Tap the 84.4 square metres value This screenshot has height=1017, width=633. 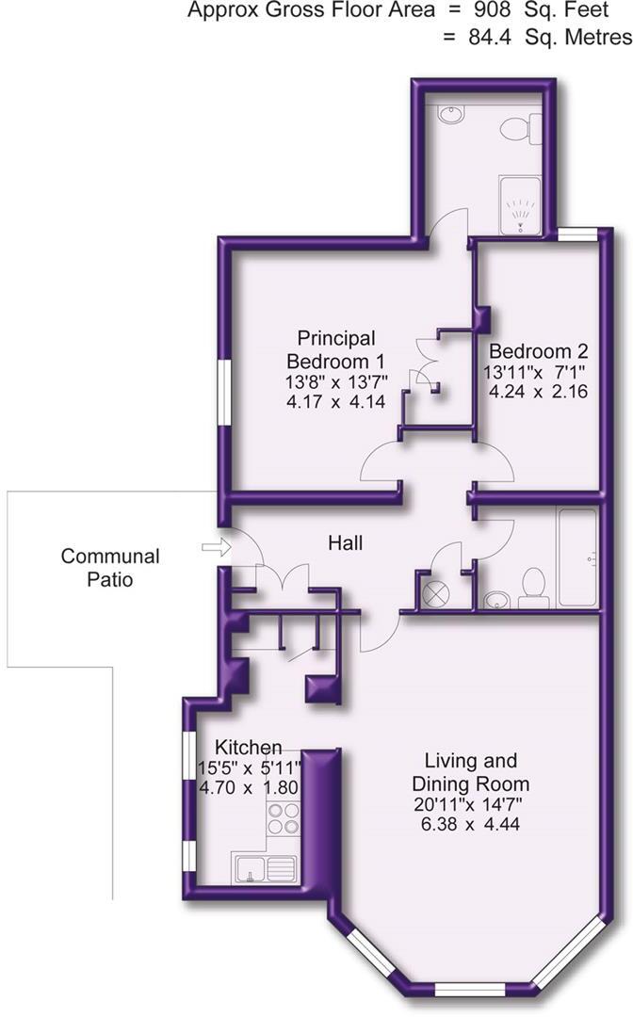489,38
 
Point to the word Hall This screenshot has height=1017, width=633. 345,543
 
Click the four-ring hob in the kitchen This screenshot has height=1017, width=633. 282,819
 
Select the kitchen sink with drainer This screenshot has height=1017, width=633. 265,867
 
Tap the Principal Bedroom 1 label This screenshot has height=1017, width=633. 335,349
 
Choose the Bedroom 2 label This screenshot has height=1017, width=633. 538,351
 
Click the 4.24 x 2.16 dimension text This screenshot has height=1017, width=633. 538,392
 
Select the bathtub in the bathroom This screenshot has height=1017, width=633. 576,558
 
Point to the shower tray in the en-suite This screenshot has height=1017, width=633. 520,203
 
